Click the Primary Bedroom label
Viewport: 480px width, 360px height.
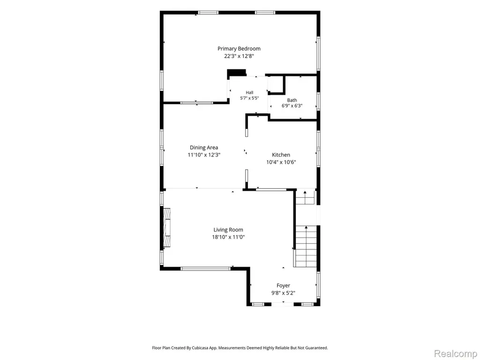239,49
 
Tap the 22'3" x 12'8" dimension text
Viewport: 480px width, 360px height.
239,56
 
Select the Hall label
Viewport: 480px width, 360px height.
249,92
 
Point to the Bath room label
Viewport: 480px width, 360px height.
292,100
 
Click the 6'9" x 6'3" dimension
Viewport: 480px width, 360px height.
292,106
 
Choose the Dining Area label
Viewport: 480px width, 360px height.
204,148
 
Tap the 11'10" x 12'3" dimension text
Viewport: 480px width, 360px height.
204,155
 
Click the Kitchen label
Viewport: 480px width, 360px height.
281,155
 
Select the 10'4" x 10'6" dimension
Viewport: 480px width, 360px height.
281,162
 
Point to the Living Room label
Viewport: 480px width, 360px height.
228,230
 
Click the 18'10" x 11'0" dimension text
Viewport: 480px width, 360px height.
228,237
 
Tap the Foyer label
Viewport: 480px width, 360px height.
283,285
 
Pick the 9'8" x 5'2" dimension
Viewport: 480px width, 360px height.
283,293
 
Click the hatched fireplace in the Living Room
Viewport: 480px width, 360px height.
166,228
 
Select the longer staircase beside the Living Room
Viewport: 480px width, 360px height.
305,247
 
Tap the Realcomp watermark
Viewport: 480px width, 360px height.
455,353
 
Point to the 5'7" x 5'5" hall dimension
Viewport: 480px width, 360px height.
249,98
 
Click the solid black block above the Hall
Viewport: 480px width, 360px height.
237,73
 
